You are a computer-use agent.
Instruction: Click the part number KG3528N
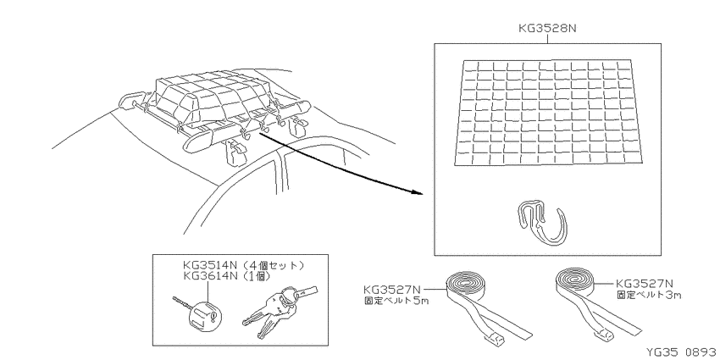coord(547,28)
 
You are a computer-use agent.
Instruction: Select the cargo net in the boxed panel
coord(548,113)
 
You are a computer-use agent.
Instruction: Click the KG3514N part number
coord(210,265)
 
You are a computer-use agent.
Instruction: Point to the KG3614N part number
coord(210,276)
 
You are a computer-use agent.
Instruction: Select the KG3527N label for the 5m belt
coord(391,290)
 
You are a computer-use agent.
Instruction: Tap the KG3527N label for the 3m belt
coord(645,284)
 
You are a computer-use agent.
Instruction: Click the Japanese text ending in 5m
coord(396,302)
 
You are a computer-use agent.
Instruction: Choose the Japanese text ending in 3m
coord(648,295)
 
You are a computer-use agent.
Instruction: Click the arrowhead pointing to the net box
coord(417,192)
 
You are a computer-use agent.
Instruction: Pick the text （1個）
coord(255,276)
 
